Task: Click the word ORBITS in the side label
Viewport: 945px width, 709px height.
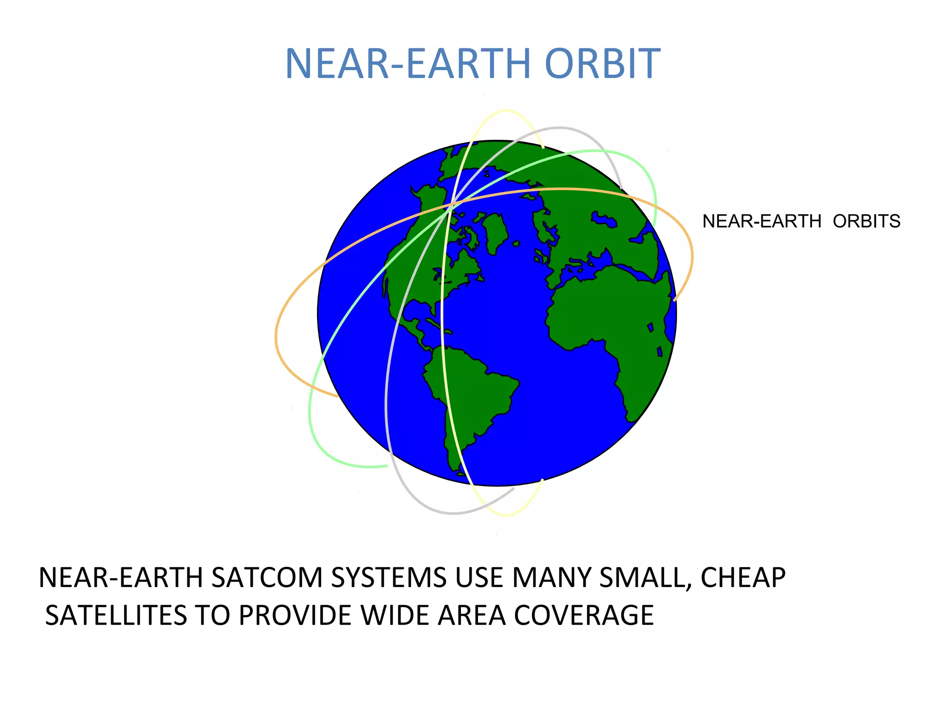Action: click(x=866, y=222)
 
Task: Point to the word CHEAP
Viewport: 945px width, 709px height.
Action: click(x=743, y=577)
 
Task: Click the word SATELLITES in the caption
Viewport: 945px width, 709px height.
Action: click(x=116, y=615)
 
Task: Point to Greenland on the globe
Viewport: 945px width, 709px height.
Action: click(x=496, y=231)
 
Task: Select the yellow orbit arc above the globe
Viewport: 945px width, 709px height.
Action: click(x=506, y=111)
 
